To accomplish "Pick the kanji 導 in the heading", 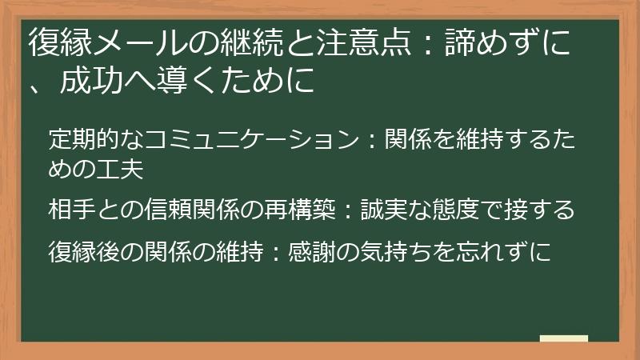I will [184, 82].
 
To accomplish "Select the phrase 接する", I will [539, 210].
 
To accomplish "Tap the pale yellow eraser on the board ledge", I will [563, 339].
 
